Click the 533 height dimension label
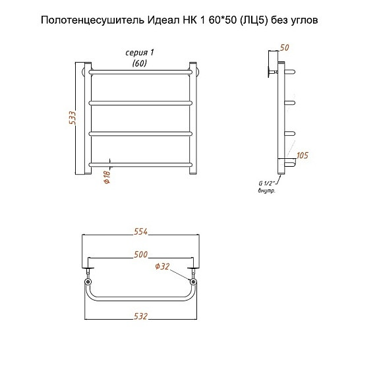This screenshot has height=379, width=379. pyautogui.click(x=73, y=118)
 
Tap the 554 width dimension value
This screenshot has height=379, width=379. pyautogui.click(x=140, y=231)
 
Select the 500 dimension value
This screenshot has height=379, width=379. pyautogui.click(x=140, y=254)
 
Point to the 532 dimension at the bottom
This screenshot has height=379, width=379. pyautogui.click(x=140, y=316)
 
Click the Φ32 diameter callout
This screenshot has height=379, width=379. pyautogui.click(x=162, y=266)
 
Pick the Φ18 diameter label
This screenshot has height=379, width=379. pyautogui.click(x=107, y=177)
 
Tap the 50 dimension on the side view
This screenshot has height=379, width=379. pyautogui.click(x=285, y=47)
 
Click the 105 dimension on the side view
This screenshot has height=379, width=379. pyautogui.click(x=303, y=155)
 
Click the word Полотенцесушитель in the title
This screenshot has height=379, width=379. pyautogui.click(x=92, y=20)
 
